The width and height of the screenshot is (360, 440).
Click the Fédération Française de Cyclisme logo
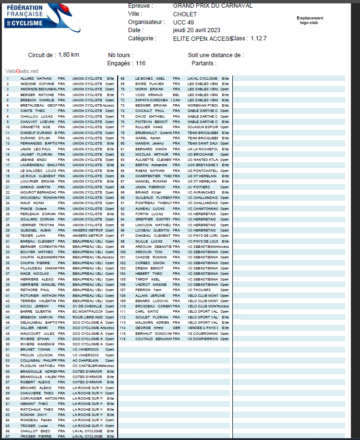[31, 14]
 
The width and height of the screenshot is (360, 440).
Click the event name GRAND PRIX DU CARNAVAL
[213, 6]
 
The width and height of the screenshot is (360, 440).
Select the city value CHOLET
[185, 14]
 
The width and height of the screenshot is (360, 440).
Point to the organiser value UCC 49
[183, 22]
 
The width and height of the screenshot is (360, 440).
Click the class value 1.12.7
[259, 38]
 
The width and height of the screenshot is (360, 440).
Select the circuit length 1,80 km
[69, 55]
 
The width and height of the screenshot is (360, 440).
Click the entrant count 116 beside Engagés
[141, 63]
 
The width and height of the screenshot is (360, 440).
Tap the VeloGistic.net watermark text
[22, 71]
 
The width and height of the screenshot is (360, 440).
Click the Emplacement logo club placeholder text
[310, 20]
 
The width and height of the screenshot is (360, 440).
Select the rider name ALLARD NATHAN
[36, 78]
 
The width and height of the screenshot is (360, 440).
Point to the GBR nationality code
[176, 328]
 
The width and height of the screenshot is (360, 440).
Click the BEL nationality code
[176, 95]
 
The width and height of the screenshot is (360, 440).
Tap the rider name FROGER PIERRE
[36, 437]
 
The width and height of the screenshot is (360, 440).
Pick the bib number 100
[123, 252]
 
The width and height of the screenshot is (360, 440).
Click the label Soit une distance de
[216, 55]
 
